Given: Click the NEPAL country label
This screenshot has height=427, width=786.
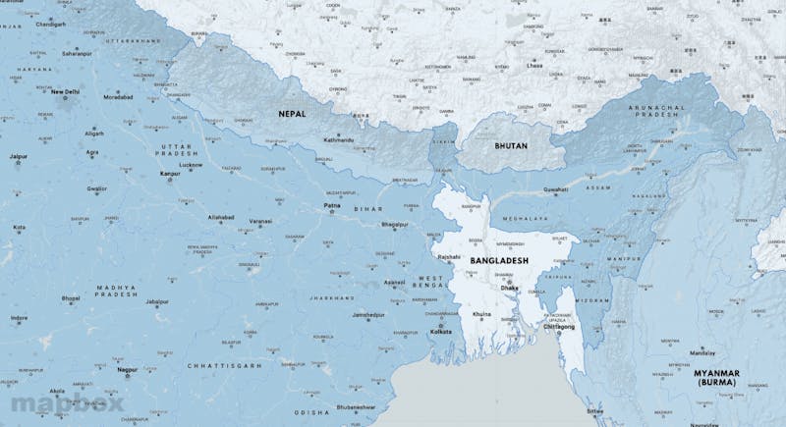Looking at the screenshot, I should click(292, 114).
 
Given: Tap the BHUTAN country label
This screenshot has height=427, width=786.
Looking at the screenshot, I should click(510, 146).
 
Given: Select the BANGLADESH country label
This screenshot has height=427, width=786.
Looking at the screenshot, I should click(499, 260).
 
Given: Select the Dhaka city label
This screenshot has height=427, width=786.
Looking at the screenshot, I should click(509, 289).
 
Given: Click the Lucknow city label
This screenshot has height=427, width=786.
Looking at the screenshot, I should click(192, 166).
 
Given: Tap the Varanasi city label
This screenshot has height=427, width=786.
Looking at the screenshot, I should click(260, 222).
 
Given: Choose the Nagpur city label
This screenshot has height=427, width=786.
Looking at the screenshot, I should click(126, 371).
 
